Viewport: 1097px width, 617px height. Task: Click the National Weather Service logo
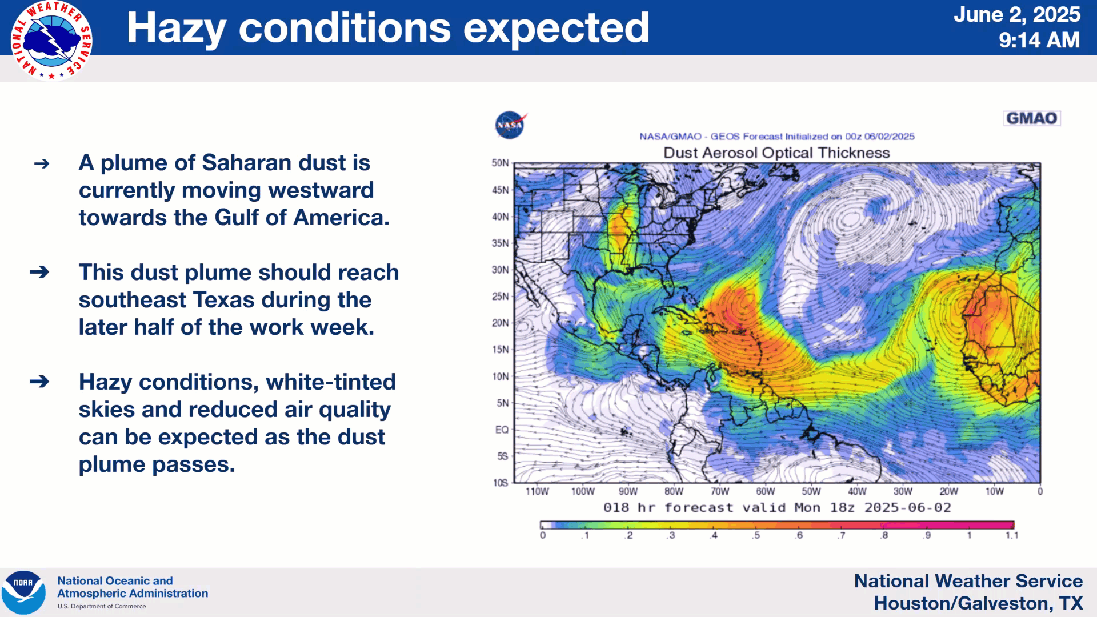[51, 41]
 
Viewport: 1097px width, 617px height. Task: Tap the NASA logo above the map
[510, 125]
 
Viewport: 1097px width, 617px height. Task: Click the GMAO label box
[1031, 118]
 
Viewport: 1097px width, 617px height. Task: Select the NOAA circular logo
[23, 592]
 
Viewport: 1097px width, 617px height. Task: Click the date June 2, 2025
[1017, 14]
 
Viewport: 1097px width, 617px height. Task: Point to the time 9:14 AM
[1039, 40]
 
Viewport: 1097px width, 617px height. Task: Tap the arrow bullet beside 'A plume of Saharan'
[42, 164]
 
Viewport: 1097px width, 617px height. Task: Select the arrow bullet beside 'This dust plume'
[39, 271]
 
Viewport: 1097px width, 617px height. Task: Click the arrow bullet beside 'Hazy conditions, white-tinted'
[39, 381]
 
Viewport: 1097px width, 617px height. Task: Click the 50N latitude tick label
[500, 163]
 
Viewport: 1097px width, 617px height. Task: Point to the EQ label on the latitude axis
[502, 430]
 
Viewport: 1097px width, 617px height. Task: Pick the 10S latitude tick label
[501, 483]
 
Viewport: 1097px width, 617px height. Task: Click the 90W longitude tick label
[628, 491]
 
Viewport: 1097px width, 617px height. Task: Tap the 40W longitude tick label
[857, 491]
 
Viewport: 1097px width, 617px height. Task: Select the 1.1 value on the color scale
[1012, 535]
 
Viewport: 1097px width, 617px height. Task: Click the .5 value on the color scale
[756, 535]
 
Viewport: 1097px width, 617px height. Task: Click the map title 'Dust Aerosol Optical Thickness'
[776, 153]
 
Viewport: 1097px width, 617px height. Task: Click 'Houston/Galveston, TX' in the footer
[978, 603]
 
